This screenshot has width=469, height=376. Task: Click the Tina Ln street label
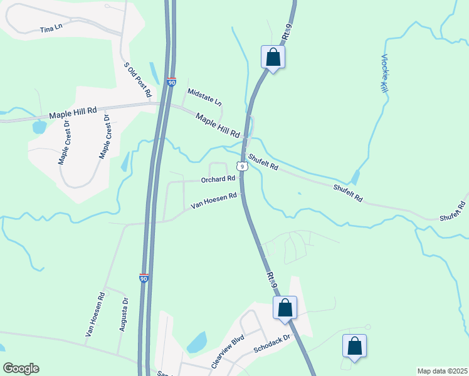click(x=51, y=29)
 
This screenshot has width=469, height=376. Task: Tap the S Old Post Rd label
click(x=138, y=80)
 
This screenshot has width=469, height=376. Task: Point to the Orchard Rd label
click(x=218, y=179)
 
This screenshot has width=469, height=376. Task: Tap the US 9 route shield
click(x=241, y=166)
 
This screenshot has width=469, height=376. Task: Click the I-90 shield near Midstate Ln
click(x=172, y=81)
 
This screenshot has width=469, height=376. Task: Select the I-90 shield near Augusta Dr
click(x=144, y=278)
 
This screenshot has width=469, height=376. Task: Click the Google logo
click(x=21, y=368)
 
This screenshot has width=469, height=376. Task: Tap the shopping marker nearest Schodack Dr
click(x=285, y=308)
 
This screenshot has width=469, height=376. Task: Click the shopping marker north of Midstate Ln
click(x=273, y=57)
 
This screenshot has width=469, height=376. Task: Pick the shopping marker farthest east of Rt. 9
click(x=354, y=346)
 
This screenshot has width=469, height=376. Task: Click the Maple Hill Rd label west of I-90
click(x=73, y=112)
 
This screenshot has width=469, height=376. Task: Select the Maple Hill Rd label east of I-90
click(x=218, y=125)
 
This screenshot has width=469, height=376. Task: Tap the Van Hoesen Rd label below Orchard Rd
click(x=213, y=200)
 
